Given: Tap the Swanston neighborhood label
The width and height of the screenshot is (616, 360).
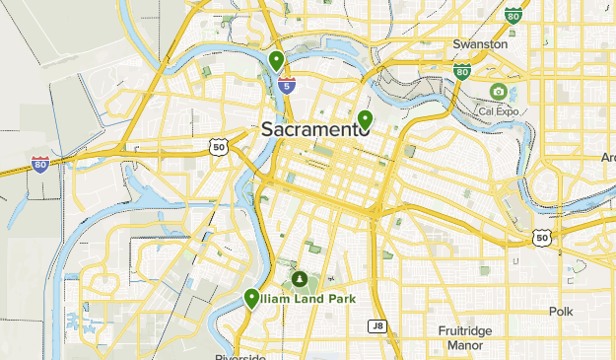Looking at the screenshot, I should [480, 44].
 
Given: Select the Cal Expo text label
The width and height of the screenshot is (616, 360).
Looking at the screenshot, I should [500, 109].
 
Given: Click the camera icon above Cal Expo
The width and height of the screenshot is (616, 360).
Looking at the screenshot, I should [499, 92].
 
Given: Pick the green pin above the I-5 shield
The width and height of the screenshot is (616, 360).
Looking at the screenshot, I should [277, 61].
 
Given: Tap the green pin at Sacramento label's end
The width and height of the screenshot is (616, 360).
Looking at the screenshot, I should [365, 120].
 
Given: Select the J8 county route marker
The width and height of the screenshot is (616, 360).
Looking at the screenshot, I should [376, 325].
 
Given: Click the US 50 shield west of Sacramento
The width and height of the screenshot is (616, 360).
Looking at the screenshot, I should [217, 146].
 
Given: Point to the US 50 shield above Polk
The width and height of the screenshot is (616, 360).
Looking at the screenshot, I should [541, 237].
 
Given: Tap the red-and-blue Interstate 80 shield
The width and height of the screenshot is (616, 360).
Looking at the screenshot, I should [39, 163].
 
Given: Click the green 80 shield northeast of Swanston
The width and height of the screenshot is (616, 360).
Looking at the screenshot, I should [513, 15].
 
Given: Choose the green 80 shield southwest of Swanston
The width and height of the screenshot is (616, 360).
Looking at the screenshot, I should [462, 71].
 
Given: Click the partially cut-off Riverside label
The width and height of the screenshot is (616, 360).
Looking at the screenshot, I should [240, 356].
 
